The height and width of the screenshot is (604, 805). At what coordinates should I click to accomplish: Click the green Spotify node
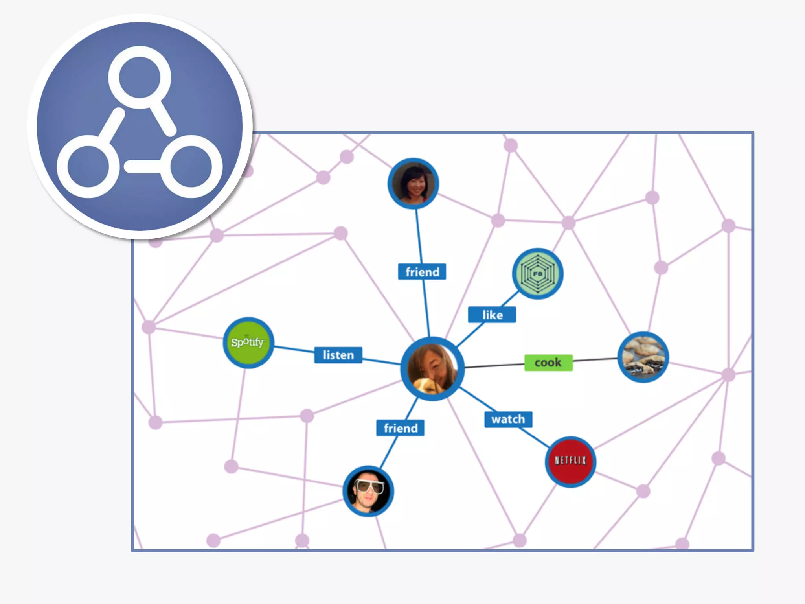click(x=248, y=343)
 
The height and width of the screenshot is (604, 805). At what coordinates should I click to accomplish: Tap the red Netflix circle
click(x=570, y=461)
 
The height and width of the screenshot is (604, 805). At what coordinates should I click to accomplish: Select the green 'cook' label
click(x=548, y=363)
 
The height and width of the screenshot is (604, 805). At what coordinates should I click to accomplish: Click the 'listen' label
click(x=338, y=355)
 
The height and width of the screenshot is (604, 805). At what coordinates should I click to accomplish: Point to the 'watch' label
click(x=508, y=419)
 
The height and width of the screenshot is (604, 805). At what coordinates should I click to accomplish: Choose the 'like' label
click(x=492, y=315)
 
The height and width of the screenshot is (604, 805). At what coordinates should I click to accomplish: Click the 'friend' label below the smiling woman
click(x=422, y=272)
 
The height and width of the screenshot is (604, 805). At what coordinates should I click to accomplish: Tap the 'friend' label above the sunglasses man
click(x=400, y=428)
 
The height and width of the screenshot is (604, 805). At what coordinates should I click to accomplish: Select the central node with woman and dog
click(x=432, y=368)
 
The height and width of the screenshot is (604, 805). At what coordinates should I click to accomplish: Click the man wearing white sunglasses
click(x=368, y=491)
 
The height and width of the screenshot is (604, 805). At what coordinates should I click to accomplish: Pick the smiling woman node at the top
click(x=413, y=184)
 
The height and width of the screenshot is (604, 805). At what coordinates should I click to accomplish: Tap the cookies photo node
click(x=643, y=357)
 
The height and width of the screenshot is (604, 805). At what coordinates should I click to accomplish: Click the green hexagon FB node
click(x=538, y=274)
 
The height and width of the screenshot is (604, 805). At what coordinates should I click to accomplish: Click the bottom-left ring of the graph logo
click(x=88, y=166)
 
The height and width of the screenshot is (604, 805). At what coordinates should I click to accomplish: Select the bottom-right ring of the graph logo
click(x=191, y=166)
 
